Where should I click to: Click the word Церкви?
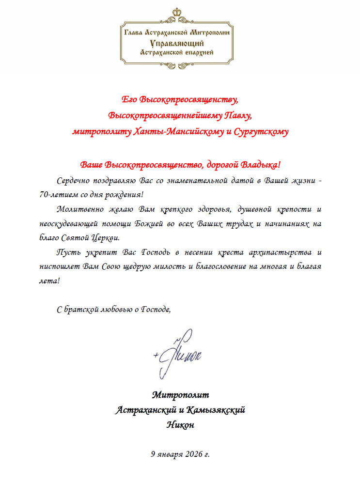point(104,238)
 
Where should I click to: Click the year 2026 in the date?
point(193,454)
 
